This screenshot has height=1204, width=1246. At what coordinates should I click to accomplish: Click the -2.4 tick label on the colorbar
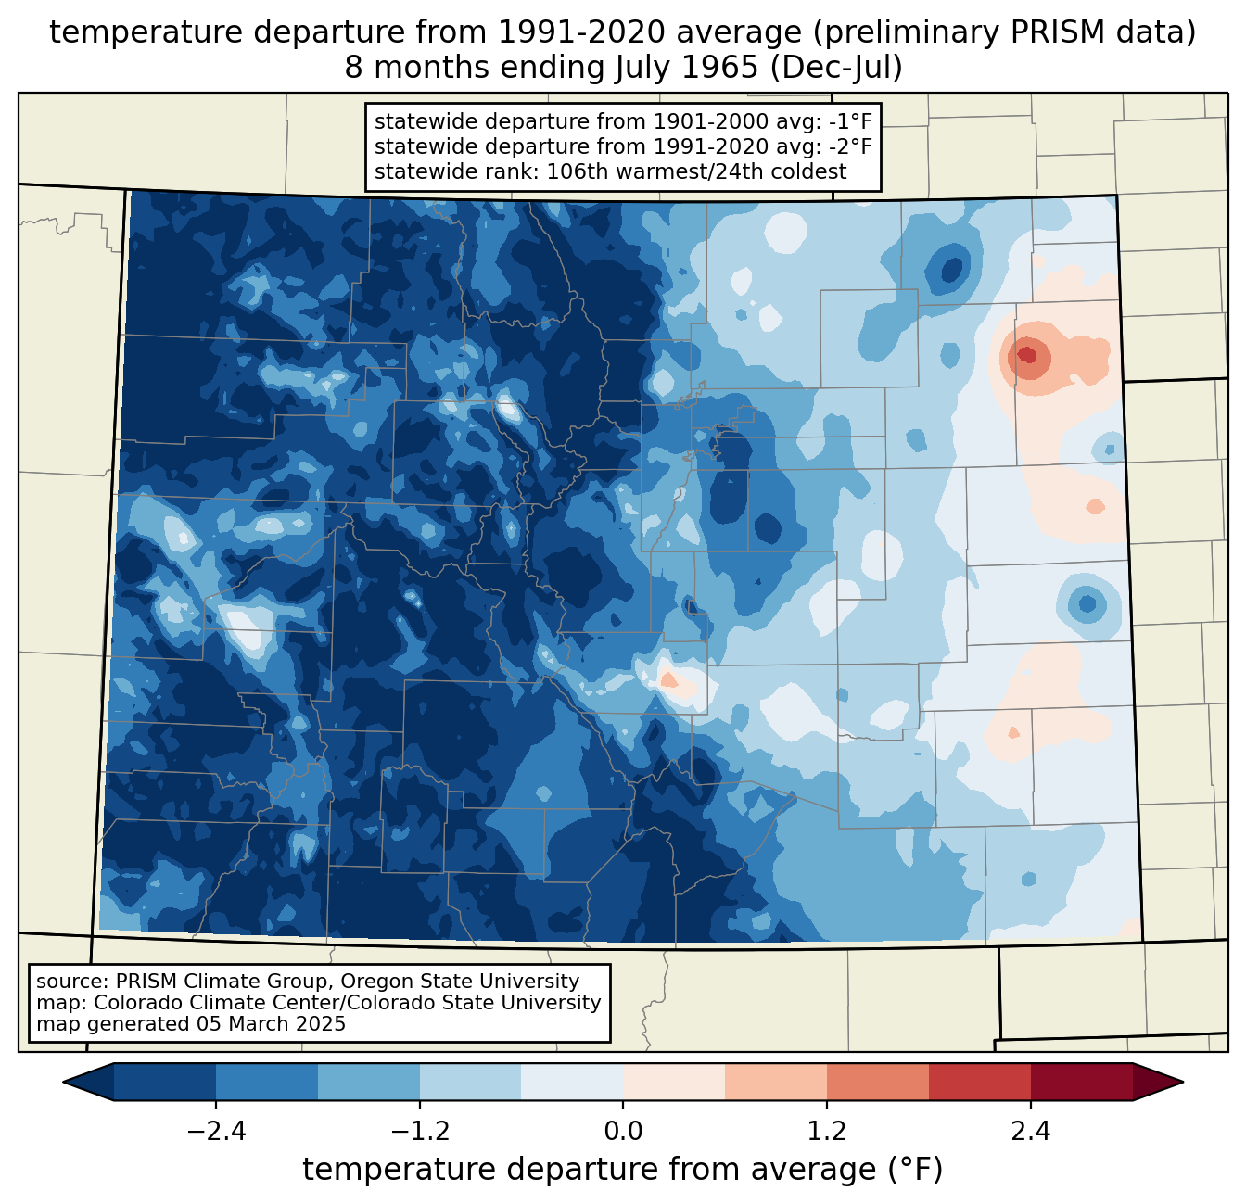(216, 1132)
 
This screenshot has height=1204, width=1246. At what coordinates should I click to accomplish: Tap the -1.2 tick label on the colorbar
(420, 1132)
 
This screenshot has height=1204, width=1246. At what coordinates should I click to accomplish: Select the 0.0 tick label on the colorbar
(623, 1132)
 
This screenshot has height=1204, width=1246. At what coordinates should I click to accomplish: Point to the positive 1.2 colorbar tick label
(827, 1132)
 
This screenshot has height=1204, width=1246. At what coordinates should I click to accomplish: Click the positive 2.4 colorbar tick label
(1030, 1132)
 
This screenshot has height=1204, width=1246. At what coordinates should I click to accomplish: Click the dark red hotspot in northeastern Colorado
(1026, 354)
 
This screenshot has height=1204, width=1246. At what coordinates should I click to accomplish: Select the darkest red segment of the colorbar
(1081, 1082)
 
